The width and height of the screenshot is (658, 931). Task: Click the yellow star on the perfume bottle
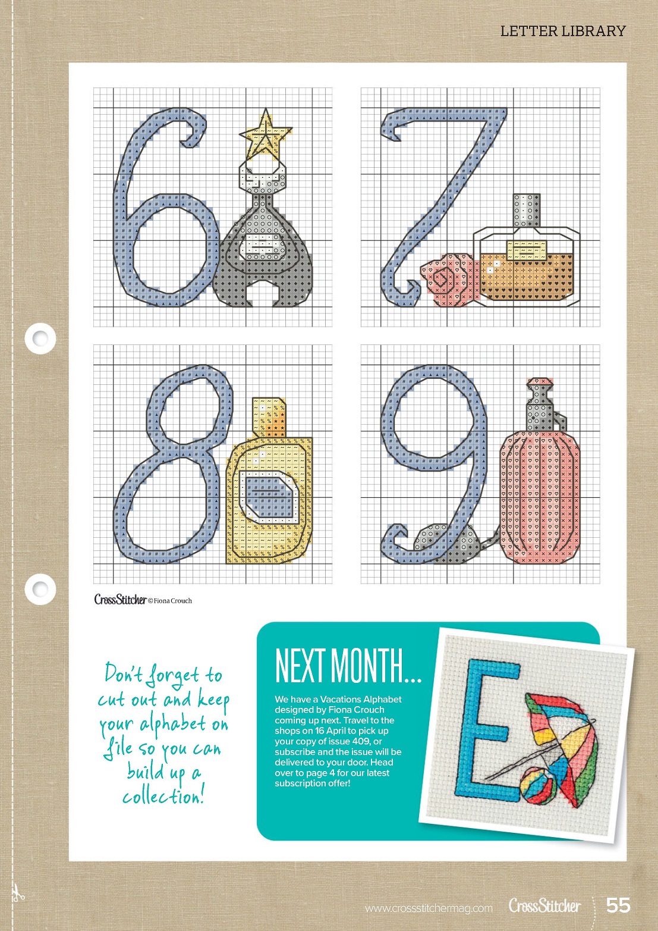point(266,134)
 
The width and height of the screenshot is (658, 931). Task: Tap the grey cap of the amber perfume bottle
point(528,211)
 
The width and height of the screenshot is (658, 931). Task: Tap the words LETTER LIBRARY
point(563,31)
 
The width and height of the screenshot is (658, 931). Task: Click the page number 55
point(619,905)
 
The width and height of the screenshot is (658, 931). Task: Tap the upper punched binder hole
point(40,338)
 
